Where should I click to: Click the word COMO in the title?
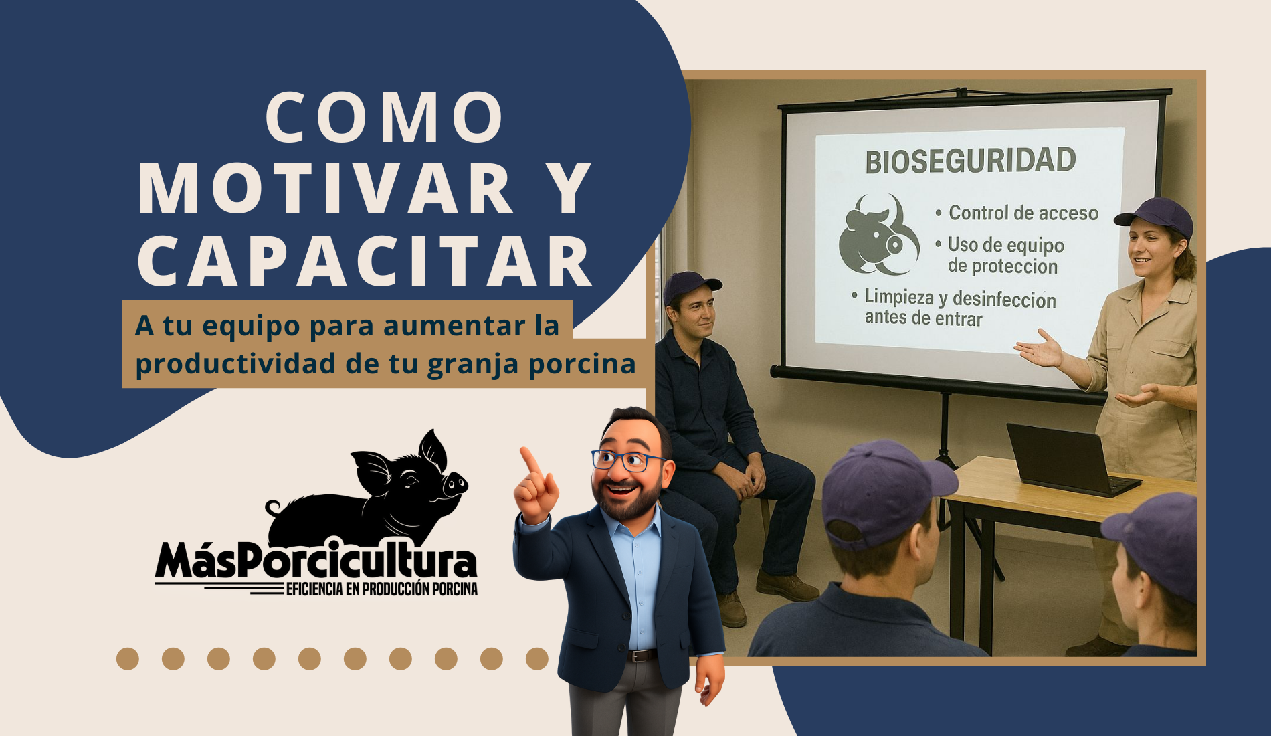[385, 117]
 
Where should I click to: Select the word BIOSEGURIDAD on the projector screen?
[971, 161]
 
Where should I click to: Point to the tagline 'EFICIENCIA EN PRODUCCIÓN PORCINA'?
[382, 589]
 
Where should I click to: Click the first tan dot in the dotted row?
[128, 658]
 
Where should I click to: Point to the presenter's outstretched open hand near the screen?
[1039, 349]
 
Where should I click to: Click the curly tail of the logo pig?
[273, 509]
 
